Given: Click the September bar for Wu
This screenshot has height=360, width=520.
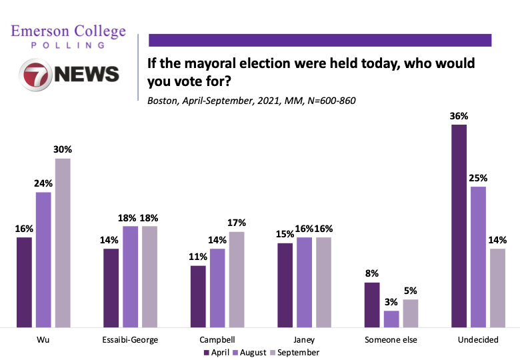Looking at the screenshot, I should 63,243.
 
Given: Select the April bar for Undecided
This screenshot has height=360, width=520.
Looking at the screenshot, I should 459,226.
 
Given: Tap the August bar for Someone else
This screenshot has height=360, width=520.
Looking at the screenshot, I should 392,319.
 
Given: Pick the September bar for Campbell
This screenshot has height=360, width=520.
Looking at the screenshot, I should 237,279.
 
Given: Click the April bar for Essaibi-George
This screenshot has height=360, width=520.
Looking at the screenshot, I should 111,287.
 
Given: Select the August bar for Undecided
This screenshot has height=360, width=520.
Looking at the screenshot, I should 479,257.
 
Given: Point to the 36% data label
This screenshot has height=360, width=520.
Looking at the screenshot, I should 459,116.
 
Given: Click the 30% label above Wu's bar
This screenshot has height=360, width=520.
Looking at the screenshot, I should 63,150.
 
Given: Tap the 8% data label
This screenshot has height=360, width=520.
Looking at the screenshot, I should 372,273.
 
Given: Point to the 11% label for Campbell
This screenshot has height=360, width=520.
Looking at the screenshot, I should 198,257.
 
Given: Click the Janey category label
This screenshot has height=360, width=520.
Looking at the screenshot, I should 303,339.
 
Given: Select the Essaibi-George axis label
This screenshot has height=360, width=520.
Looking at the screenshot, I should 130,339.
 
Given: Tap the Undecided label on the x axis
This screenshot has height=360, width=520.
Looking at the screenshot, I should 478,339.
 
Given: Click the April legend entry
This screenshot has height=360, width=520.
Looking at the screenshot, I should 217,352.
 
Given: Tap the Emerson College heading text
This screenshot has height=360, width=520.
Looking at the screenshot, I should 69,31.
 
